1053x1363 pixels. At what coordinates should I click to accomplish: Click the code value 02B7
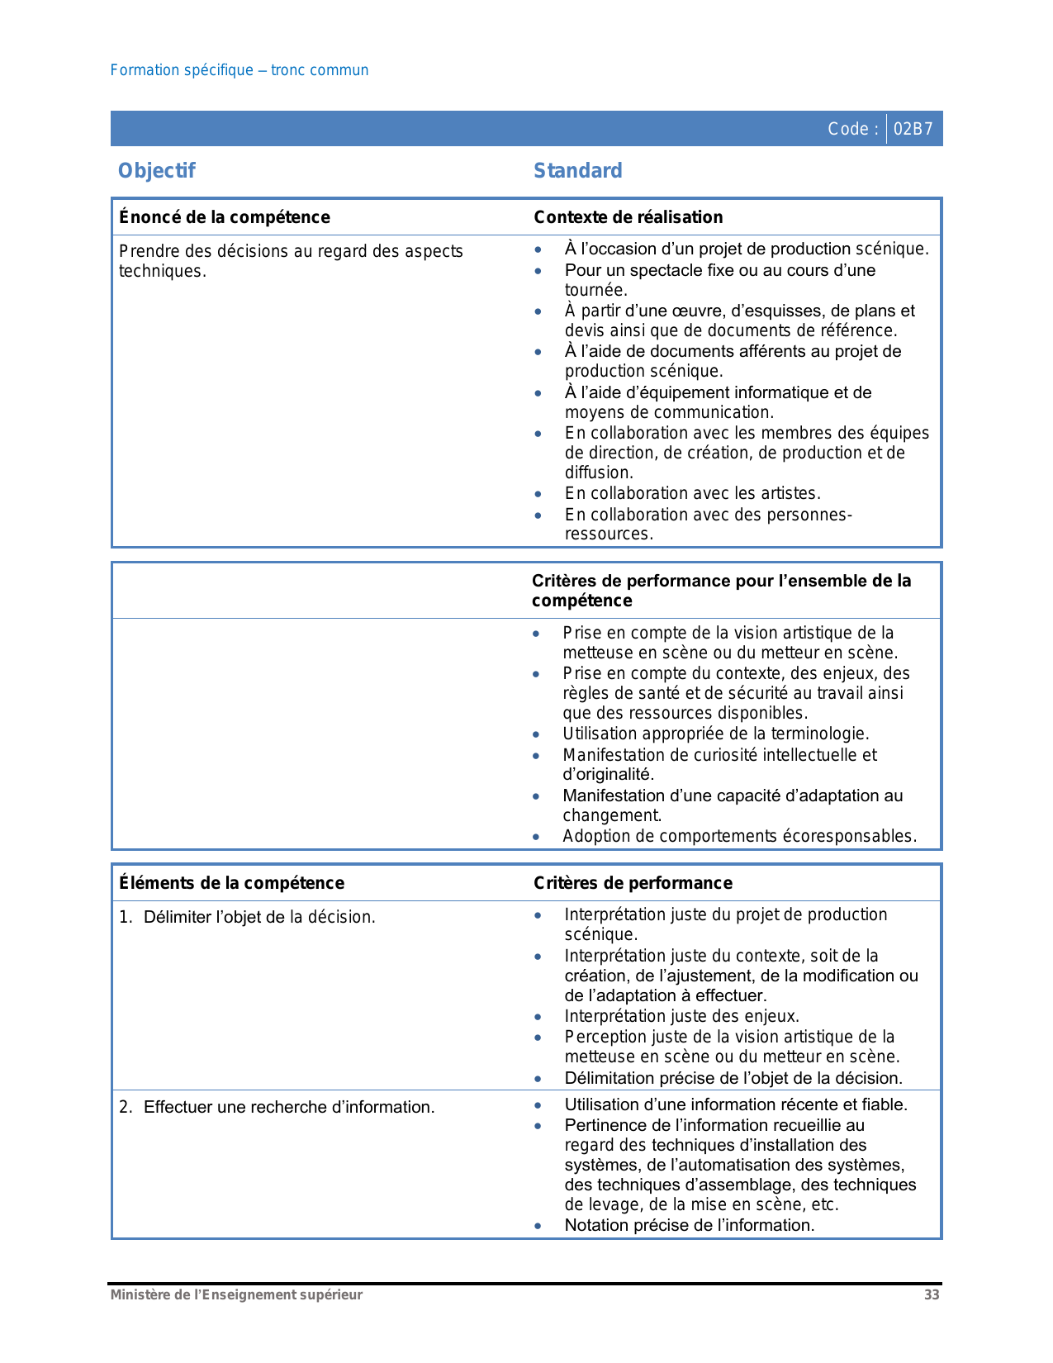click(x=913, y=129)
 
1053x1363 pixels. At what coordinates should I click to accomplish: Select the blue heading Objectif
click(x=156, y=171)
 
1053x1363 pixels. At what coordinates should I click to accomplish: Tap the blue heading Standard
click(x=577, y=171)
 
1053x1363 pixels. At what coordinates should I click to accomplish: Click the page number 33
click(x=931, y=1294)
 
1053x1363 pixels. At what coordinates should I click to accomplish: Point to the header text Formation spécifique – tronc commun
click(x=240, y=70)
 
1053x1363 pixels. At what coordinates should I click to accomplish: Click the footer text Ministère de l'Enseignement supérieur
click(x=236, y=1294)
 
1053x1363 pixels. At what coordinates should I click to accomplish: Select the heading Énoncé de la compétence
click(x=225, y=217)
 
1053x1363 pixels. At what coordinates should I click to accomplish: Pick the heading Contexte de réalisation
click(x=628, y=217)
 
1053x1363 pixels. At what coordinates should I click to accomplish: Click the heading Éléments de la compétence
click(x=231, y=883)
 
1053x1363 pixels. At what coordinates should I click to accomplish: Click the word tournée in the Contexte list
click(x=595, y=290)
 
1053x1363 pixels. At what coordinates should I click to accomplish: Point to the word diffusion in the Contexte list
click(x=598, y=473)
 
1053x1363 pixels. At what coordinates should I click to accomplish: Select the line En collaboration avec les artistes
click(x=692, y=494)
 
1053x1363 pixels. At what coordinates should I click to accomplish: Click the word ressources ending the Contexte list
click(x=608, y=534)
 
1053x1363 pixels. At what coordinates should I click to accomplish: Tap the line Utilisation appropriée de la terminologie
click(x=715, y=734)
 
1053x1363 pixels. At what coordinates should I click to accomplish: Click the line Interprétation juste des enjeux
click(x=681, y=1016)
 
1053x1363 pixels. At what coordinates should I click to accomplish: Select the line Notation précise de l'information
click(x=689, y=1225)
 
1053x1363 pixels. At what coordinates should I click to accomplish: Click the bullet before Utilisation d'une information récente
click(x=538, y=1105)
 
